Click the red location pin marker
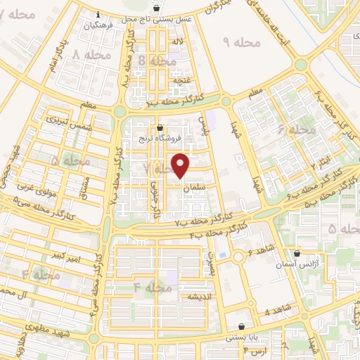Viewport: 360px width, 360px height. point(181,165)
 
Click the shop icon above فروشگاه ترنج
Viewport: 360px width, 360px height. point(161,128)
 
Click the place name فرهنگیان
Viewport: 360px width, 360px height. point(98,25)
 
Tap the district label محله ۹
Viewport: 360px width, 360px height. point(242,43)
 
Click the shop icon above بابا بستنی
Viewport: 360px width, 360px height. point(242,326)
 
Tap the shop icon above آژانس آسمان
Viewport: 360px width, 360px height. point(298,253)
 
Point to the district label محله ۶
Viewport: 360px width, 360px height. point(296,130)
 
